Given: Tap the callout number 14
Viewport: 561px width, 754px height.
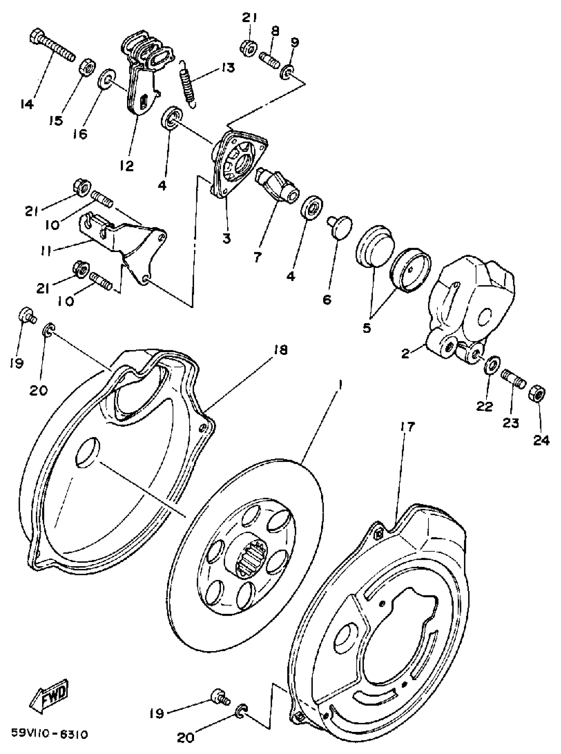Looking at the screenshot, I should pyautogui.click(x=26, y=105).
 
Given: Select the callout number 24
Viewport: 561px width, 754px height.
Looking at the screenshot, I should pyautogui.click(x=541, y=440).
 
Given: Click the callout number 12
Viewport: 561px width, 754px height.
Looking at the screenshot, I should pyautogui.click(x=127, y=166).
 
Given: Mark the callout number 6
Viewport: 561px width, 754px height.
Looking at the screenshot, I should pyautogui.click(x=327, y=299).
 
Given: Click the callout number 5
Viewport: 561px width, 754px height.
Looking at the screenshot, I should pyautogui.click(x=367, y=328).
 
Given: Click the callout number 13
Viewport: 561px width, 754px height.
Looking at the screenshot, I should pyautogui.click(x=228, y=68).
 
